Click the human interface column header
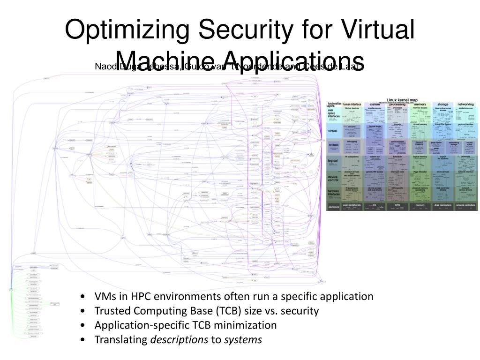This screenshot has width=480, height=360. click(x=352, y=104)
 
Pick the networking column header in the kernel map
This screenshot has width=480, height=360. click(x=465, y=104)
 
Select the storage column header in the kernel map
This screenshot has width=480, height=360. click(x=442, y=104)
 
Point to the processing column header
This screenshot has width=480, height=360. click(x=397, y=104)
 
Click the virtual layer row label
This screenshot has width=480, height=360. click(x=333, y=131)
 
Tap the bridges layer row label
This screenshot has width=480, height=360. click(x=333, y=145)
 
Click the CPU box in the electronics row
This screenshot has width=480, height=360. click(x=397, y=205)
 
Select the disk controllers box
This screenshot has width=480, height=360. click(x=442, y=205)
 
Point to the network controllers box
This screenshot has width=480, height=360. click(x=465, y=205)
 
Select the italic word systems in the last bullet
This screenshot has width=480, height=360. click(x=243, y=339)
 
